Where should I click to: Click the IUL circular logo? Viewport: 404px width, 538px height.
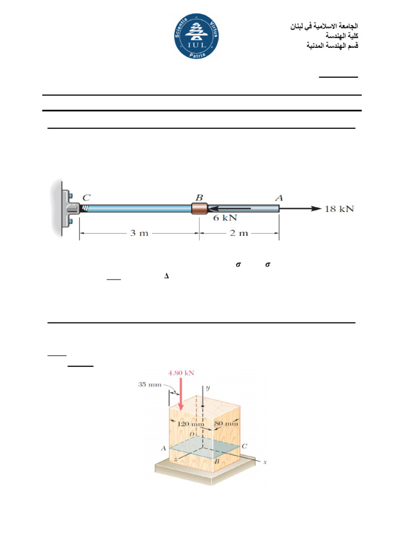pos(197,36)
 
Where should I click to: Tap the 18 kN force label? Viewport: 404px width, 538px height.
pos(339,209)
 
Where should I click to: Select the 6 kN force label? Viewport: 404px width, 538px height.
pos(225,218)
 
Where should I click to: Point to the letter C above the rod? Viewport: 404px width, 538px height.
pos(86,198)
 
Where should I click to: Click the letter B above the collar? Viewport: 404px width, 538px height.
pos(199,198)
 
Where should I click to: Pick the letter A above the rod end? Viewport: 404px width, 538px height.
pos(279,198)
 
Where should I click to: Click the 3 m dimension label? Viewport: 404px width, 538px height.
pos(139,233)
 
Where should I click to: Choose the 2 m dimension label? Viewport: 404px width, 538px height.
pos(239,233)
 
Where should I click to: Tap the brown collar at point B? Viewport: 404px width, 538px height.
pos(199,209)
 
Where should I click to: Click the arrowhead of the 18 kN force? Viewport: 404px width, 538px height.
pos(316,209)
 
